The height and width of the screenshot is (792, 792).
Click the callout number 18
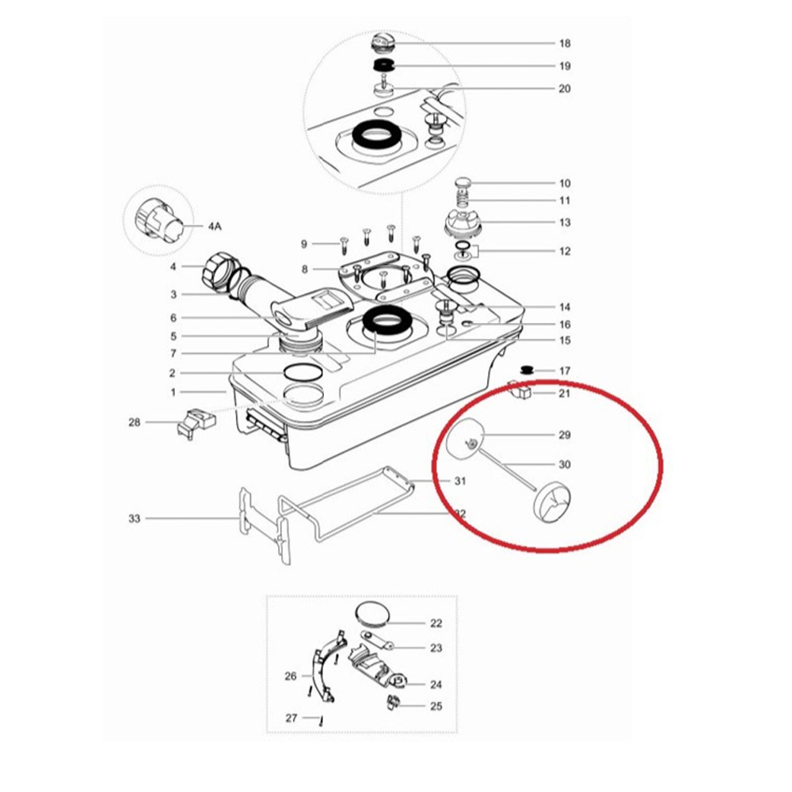tap(565, 44)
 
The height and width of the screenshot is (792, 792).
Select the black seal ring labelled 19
tap(383, 65)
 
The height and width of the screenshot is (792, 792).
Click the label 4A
tap(215, 227)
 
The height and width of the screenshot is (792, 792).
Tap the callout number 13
tap(565, 223)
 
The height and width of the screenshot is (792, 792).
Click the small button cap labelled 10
tap(463, 182)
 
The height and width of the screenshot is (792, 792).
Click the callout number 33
tap(134, 519)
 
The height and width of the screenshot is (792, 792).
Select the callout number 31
tap(459, 481)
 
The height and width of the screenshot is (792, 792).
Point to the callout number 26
tap(291, 676)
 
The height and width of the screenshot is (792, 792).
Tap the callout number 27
tap(291, 718)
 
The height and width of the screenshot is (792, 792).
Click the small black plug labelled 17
tap(527, 370)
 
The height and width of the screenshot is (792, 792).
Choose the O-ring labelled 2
tap(303, 373)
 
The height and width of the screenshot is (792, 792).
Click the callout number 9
tap(304, 244)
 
